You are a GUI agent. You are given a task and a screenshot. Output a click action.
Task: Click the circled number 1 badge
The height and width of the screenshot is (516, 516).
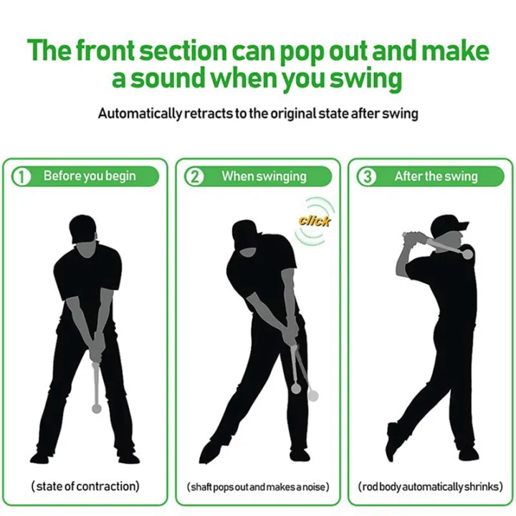pos(24,176)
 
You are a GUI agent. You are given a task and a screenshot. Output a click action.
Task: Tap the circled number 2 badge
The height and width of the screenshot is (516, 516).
pos(194,176)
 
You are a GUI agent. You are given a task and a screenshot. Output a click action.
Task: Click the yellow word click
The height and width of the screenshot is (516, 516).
pos(314,220)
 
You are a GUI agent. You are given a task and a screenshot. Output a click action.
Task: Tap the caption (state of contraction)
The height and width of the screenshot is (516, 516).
pos(85,487)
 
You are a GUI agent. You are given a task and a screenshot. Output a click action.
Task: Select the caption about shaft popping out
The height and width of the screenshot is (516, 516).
pos(258,487)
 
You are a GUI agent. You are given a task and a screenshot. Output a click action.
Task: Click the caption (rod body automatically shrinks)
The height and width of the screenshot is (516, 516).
pos(430,487)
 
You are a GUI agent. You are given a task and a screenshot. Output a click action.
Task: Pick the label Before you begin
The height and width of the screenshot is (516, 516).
pos(89,176)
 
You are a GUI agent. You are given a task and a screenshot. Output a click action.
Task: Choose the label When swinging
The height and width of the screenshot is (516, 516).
pos(263,176)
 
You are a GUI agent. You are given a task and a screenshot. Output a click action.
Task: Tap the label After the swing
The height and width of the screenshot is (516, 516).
pos(435,176)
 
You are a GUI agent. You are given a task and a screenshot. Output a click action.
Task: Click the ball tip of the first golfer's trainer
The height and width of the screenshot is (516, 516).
pos(96,408)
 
